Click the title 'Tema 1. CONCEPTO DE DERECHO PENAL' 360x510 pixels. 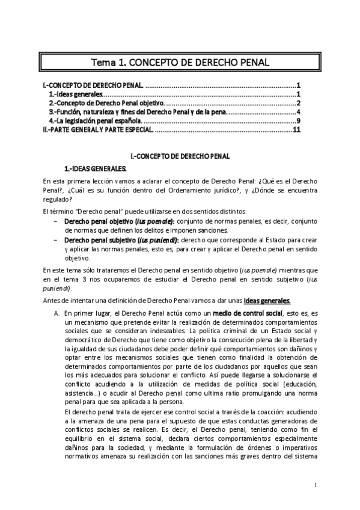coord(180,62)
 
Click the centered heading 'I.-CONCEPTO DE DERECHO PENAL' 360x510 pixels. coord(180,156)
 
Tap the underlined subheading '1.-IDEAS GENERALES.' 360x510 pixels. coord(96,168)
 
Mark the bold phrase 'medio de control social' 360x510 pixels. coord(248,313)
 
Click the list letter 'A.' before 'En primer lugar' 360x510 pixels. coord(56,313)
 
